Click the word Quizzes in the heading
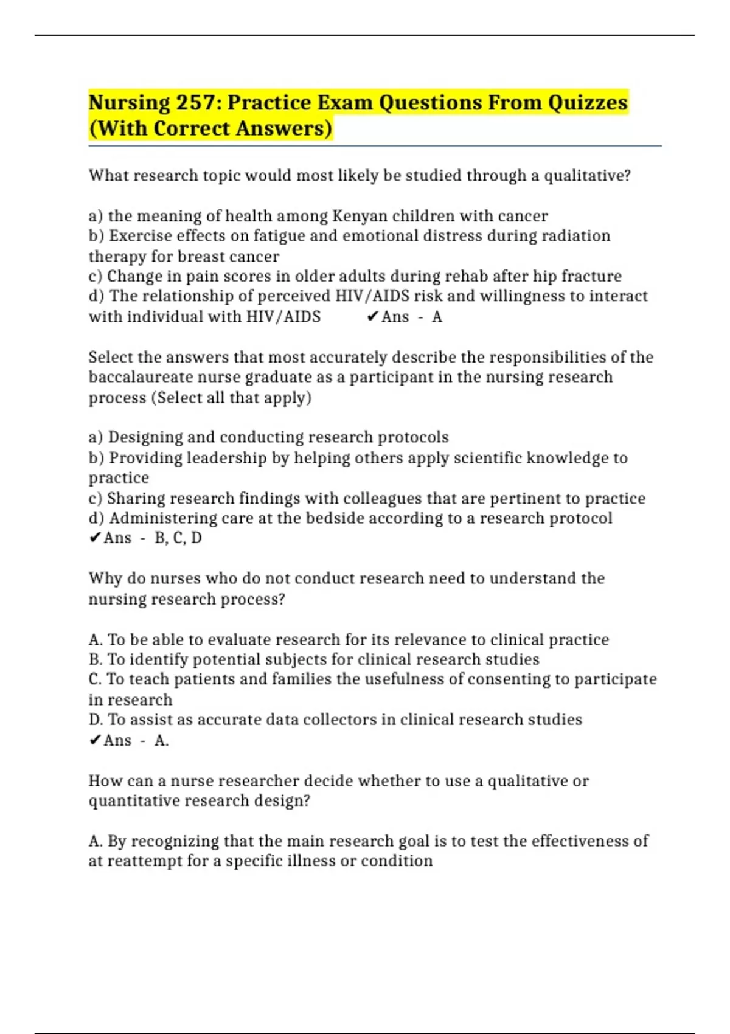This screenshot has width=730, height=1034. point(587,103)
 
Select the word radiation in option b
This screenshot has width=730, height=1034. point(571,236)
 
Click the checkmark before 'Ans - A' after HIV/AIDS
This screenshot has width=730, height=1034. point(373,316)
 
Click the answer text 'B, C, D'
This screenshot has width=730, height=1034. point(178,538)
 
